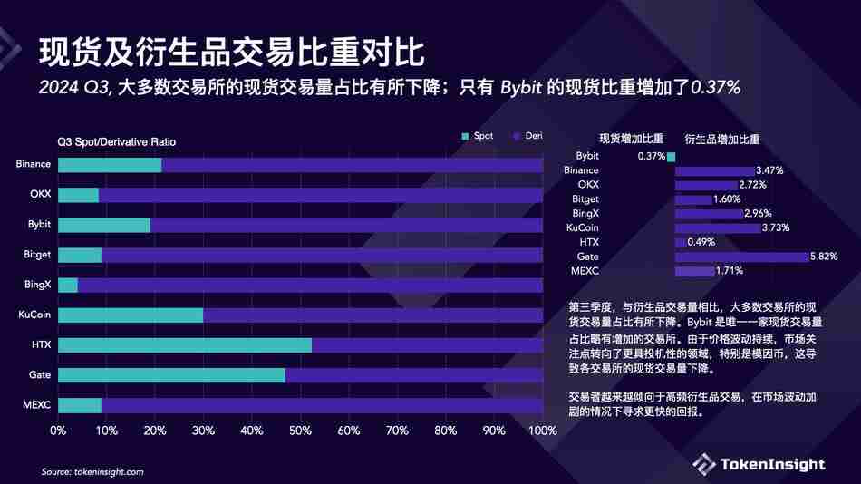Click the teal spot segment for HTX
coord(185,345)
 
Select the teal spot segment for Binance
coord(110,165)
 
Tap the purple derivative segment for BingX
coord(310,286)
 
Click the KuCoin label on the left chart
coord(34,315)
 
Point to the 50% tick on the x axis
coord(300,431)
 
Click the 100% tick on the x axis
coord(541,431)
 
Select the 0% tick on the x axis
coord(58,431)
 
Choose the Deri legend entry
coord(527,136)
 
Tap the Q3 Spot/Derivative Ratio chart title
coord(116,142)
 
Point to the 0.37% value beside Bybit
coord(651,156)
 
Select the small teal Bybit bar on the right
coord(672,156)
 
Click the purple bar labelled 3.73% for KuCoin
coord(717,228)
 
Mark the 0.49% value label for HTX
coord(701,243)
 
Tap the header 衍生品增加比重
coord(721,140)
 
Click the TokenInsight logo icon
coord(704,464)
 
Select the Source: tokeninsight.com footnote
coord(92,472)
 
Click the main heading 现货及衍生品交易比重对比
coord(230,53)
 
